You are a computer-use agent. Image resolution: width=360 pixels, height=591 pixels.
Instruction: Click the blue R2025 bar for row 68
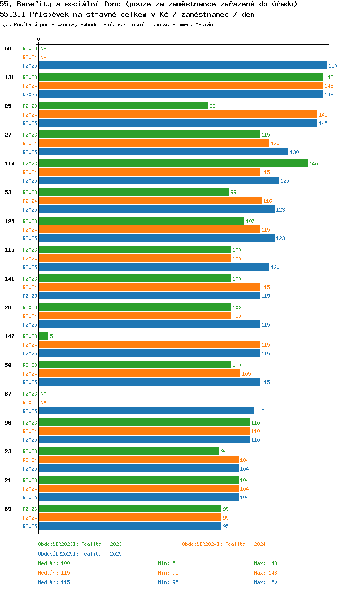click(x=182, y=66)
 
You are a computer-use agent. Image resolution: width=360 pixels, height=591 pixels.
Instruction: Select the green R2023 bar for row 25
click(x=123, y=106)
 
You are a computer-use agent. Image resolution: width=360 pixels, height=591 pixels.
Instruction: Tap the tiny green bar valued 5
click(x=44, y=336)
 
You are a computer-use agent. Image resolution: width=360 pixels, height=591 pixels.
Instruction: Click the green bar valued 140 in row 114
click(x=173, y=164)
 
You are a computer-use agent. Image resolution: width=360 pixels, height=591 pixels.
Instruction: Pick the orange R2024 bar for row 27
click(x=154, y=143)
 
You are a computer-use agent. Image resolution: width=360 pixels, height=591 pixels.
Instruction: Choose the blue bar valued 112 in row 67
click(x=146, y=411)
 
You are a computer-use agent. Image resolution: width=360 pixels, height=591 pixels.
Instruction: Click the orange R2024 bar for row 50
click(x=139, y=374)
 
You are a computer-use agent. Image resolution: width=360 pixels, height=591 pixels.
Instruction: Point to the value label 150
click(x=333, y=66)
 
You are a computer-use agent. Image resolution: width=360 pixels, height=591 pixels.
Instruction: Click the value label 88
click(x=212, y=106)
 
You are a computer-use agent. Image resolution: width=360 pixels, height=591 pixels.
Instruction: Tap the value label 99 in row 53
click(x=233, y=192)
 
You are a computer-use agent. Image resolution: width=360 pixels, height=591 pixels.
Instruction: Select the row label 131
click(x=9, y=77)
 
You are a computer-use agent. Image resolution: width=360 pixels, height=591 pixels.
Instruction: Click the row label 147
click(x=9, y=336)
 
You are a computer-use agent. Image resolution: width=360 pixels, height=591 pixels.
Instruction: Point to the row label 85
click(x=8, y=509)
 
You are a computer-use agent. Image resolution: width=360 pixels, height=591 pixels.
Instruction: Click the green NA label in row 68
click(x=43, y=48)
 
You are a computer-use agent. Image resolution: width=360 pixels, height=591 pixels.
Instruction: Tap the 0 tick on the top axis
click(x=39, y=39)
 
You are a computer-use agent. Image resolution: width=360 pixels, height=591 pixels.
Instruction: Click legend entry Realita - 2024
click(x=224, y=544)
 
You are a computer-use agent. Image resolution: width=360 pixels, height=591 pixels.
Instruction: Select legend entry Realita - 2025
click(x=80, y=554)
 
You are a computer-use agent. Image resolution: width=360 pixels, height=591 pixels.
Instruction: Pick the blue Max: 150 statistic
click(x=265, y=582)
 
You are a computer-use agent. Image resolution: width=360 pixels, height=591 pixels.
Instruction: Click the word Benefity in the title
click(x=33, y=4)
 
